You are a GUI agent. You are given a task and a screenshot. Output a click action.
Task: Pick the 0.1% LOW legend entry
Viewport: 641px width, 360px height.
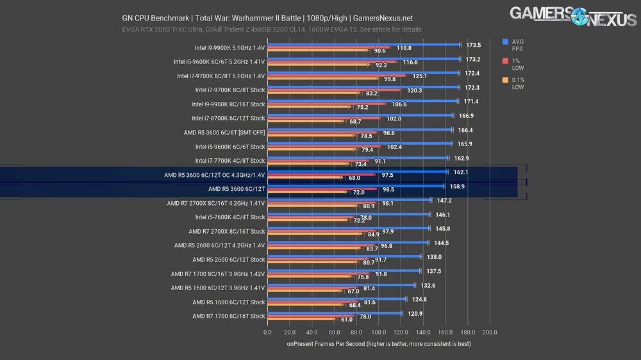(517, 84)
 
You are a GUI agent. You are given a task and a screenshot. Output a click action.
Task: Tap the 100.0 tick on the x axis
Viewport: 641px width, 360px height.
(378, 332)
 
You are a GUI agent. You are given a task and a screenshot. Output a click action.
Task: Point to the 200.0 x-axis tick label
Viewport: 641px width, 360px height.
(490, 332)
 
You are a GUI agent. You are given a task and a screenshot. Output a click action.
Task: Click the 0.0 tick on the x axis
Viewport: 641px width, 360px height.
(267, 332)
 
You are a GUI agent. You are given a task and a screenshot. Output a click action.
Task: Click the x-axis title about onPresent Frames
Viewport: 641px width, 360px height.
(378, 344)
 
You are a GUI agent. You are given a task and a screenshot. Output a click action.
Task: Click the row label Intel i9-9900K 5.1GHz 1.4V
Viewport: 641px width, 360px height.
(229, 47)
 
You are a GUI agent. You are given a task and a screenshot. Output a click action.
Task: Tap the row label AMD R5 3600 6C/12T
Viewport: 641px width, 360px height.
(237, 189)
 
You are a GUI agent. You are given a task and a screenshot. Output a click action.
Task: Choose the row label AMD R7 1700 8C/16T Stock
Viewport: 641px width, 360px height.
(228, 316)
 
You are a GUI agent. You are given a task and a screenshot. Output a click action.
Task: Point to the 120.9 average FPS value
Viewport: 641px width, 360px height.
(415, 313)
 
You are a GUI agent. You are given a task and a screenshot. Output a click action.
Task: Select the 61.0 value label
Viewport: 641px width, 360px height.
(345, 319)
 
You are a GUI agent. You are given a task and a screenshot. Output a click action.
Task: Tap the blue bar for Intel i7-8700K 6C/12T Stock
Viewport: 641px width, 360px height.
(360, 115)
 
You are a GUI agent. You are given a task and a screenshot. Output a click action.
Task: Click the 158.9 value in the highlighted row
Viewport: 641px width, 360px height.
(457, 186)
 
